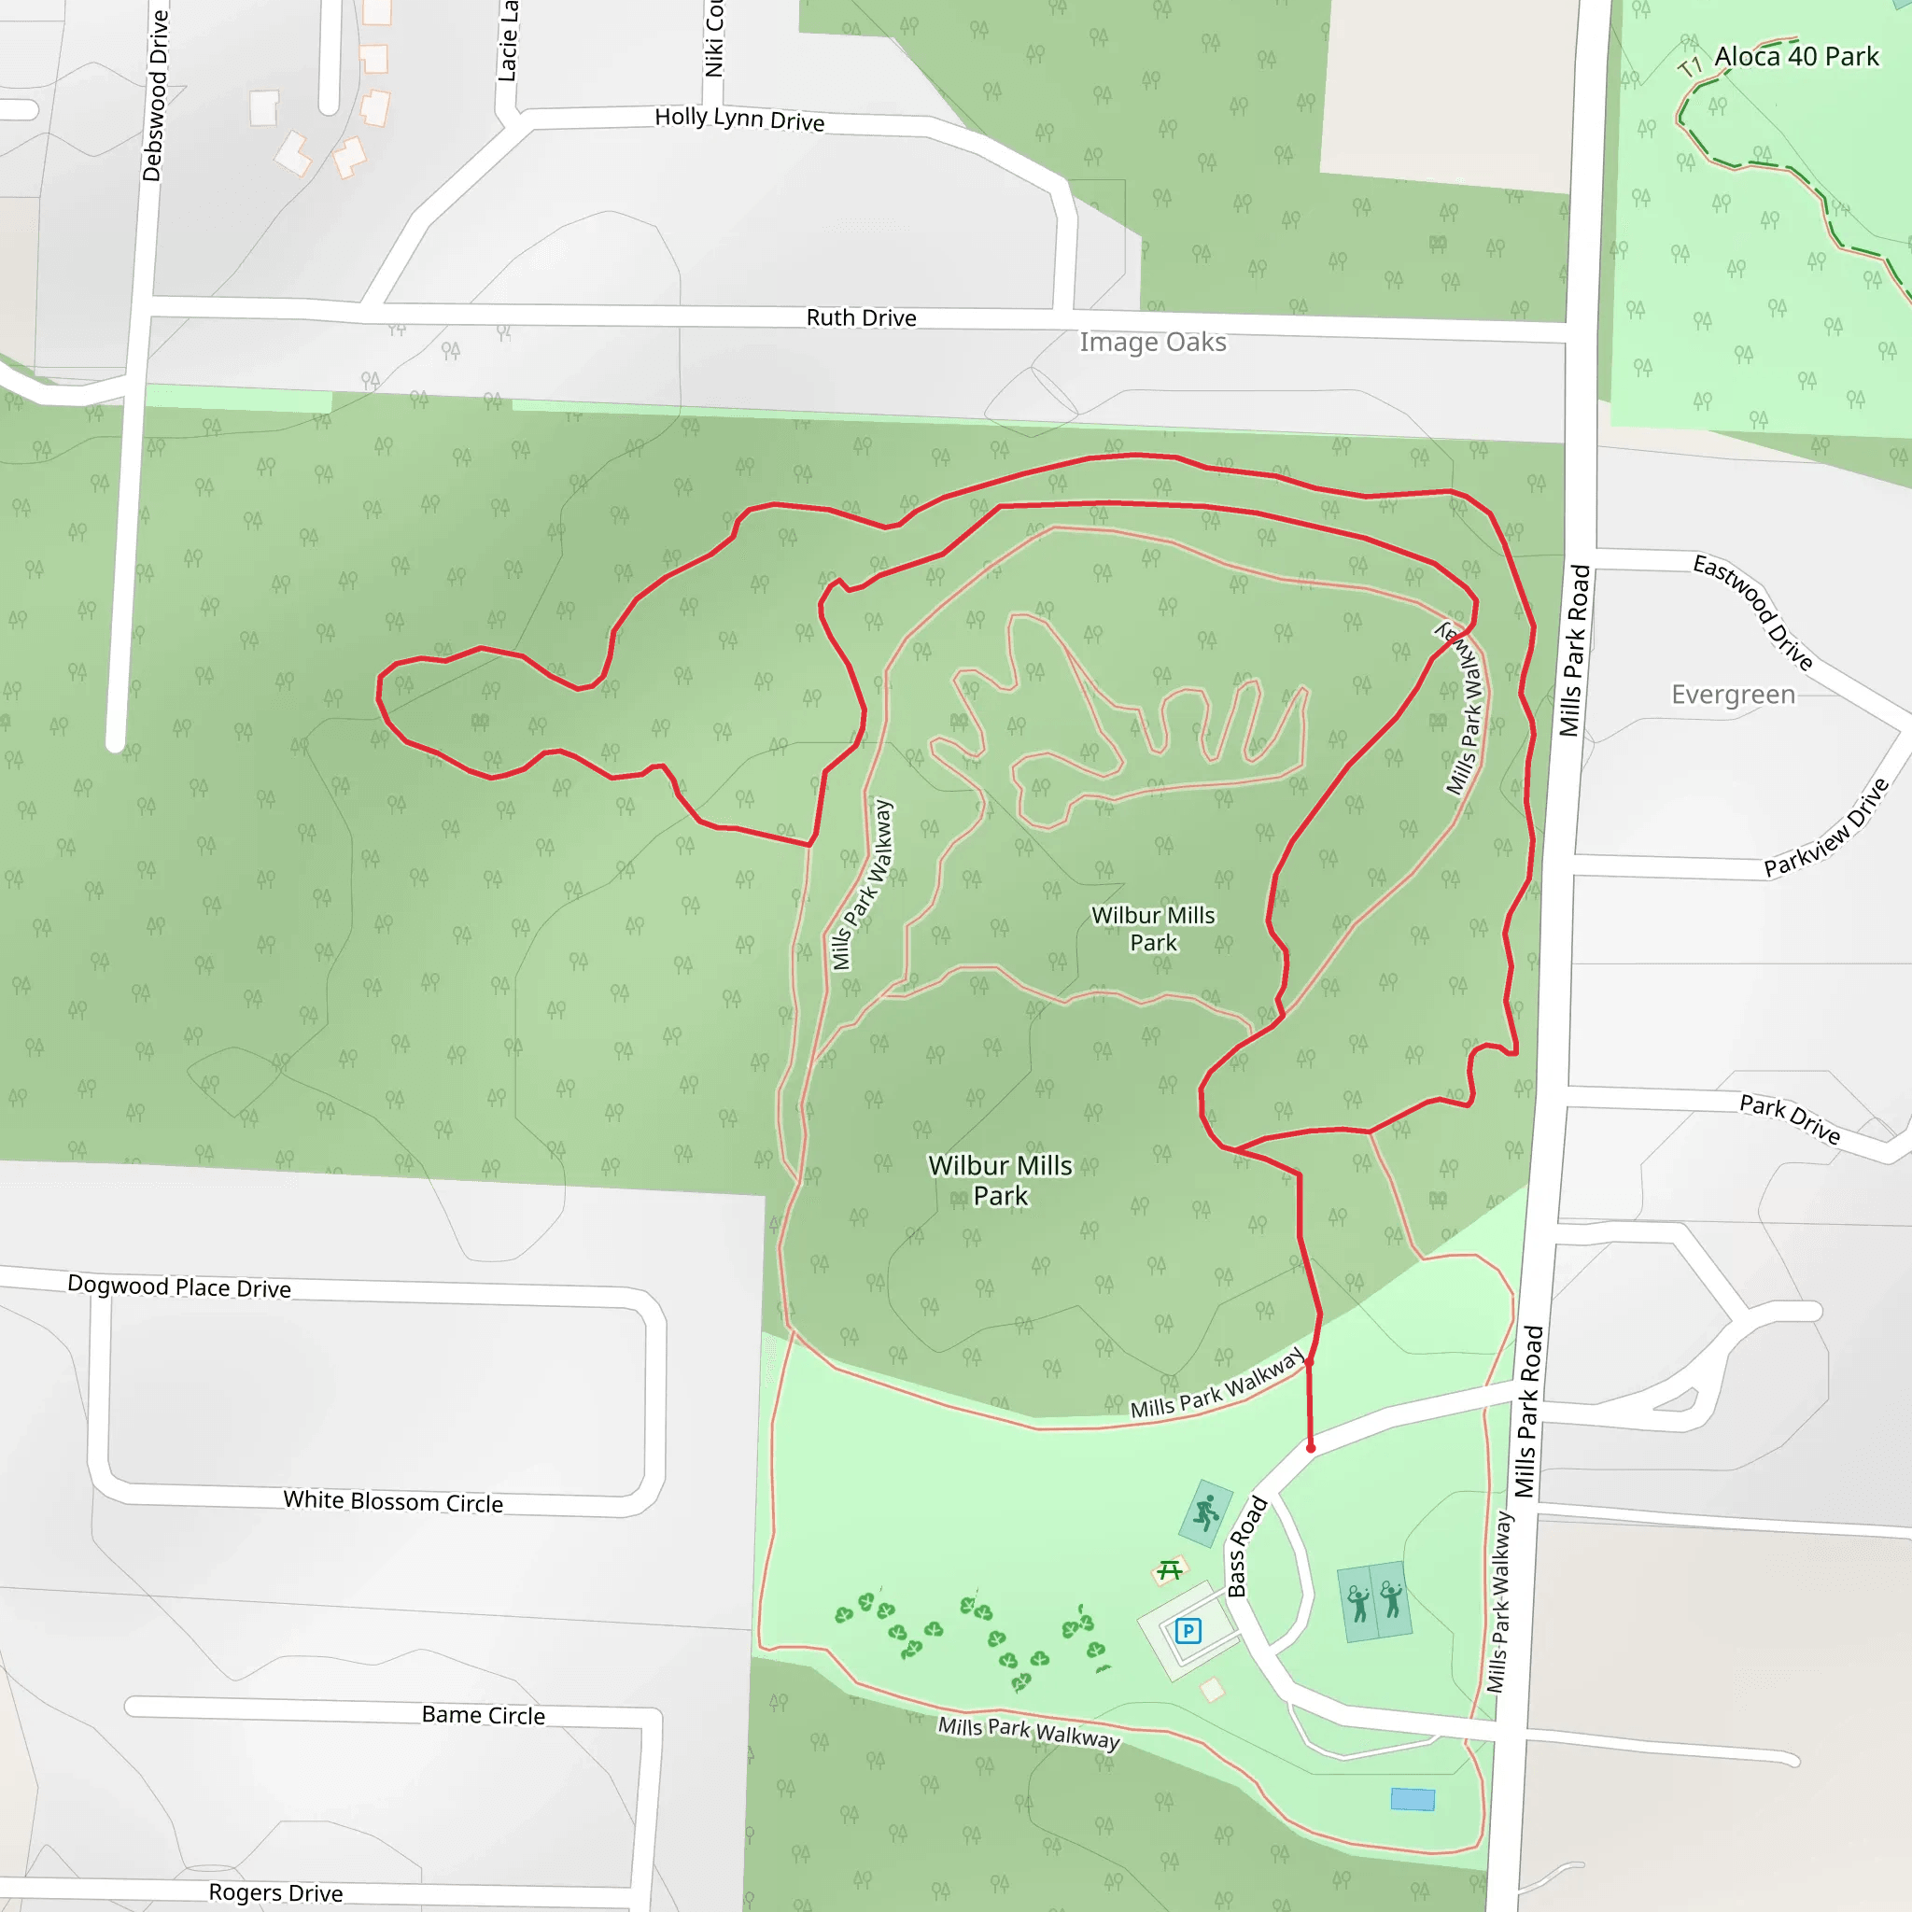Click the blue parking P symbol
(1188, 1631)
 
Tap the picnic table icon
(1170, 1570)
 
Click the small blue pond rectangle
(1413, 1799)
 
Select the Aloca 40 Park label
(1795, 57)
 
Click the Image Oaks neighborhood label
(1152, 343)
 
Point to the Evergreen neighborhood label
(1733, 695)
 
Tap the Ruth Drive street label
(861, 317)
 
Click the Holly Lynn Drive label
(739, 119)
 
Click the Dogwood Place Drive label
(179, 1286)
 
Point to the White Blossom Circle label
(393, 1501)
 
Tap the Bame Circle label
(483, 1715)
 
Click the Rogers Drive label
(275, 1892)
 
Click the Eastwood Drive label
(1752, 612)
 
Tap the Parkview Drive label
(1827, 827)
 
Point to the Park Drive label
(1790, 1118)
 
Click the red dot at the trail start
(1310, 1448)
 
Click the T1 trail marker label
(1689, 67)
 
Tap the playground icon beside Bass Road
(1206, 1513)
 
